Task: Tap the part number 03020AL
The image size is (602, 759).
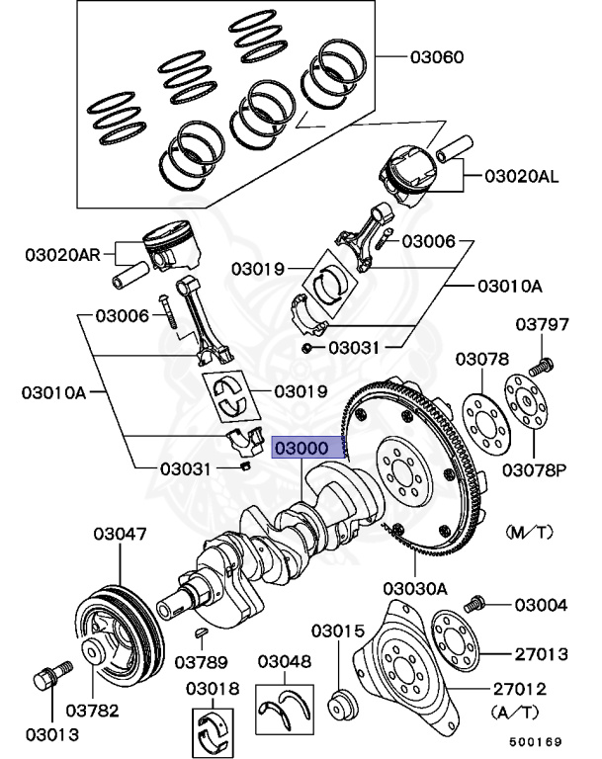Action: tap(520, 177)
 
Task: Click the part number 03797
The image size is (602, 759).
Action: tap(543, 325)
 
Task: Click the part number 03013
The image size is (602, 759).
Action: tap(51, 734)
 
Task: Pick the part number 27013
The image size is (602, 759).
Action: tap(540, 653)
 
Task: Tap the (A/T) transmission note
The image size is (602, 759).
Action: tap(516, 710)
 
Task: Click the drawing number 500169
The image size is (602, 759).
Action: tap(534, 740)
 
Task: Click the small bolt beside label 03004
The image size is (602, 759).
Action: tap(474, 601)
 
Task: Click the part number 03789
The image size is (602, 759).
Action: tap(203, 660)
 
